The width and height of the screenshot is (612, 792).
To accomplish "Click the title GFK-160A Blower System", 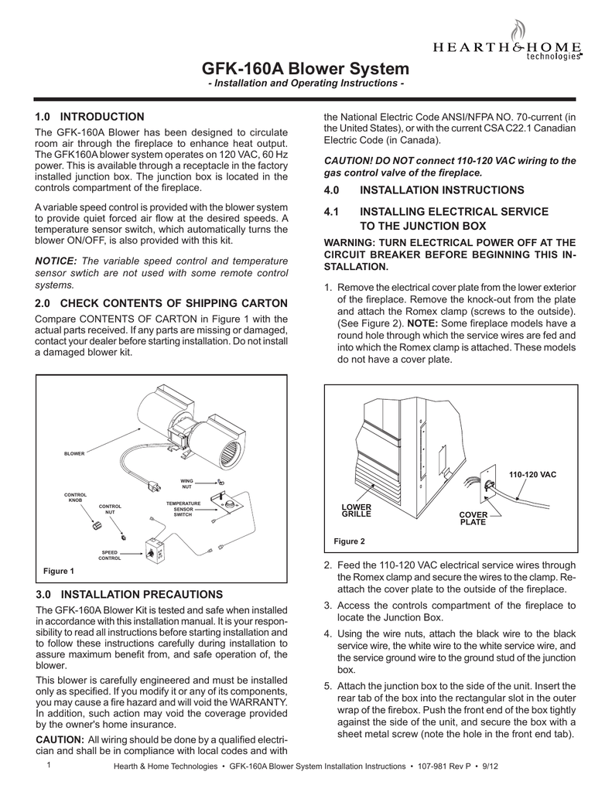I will click(x=306, y=68).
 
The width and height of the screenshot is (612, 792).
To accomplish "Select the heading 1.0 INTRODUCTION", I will click(x=90, y=117).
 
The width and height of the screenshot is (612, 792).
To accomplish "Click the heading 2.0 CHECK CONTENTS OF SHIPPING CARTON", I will click(x=162, y=302).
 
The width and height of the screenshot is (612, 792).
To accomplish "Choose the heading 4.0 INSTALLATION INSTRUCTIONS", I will click(x=423, y=189).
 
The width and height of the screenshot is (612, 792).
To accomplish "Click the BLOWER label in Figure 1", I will click(x=74, y=453).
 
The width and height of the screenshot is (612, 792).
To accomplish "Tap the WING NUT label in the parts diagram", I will click(x=186, y=483).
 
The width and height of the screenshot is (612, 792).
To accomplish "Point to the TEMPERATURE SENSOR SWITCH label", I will click(x=183, y=509).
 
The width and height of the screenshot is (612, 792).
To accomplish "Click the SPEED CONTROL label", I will click(x=109, y=555).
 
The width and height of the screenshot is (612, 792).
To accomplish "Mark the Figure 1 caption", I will click(x=58, y=571).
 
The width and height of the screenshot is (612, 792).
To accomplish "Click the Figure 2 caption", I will click(x=349, y=541).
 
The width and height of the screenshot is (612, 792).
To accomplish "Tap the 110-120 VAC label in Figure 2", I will click(x=532, y=473).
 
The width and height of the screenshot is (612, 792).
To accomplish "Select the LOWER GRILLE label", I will click(x=357, y=510).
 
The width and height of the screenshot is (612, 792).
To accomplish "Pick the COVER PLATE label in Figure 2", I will click(x=474, y=518).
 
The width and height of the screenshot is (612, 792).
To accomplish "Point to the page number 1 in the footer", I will click(x=48, y=765).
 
